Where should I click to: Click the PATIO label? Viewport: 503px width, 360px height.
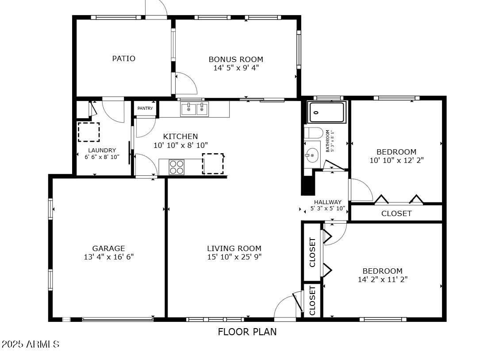(x=123, y=58)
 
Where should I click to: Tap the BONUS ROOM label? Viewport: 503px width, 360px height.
(x=236, y=59)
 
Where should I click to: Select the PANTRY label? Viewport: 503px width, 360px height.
(x=145, y=108)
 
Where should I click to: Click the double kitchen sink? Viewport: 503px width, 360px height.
(x=194, y=109)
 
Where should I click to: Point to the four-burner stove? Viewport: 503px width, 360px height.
(x=177, y=167)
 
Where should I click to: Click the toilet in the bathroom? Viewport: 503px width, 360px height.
(x=313, y=133)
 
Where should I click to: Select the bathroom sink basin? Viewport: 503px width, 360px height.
(x=311, y=156)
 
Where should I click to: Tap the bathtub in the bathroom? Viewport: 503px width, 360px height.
(x=327, y=112)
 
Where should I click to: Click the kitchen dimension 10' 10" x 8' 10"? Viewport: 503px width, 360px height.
(x=180, y=146)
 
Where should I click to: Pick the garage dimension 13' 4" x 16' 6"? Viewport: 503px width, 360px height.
(x=109, y=257)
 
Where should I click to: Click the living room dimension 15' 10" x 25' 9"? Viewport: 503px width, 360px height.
(x=234, y=257)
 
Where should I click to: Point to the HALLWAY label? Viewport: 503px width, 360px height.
(x=327, y=202)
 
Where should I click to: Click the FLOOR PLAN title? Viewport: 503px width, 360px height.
(x=247, y=332)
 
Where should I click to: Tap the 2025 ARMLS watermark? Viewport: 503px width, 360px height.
(x=31, y=344)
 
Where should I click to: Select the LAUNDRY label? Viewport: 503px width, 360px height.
(x=102, y=150)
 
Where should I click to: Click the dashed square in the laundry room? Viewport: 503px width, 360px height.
(x=88, y=132)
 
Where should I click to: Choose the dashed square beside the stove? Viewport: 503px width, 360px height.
(x=213, y=164)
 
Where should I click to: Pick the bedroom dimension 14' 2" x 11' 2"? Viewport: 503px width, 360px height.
(x=383, y=279)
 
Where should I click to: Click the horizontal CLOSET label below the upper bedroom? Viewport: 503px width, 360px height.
(x=396, y=213)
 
